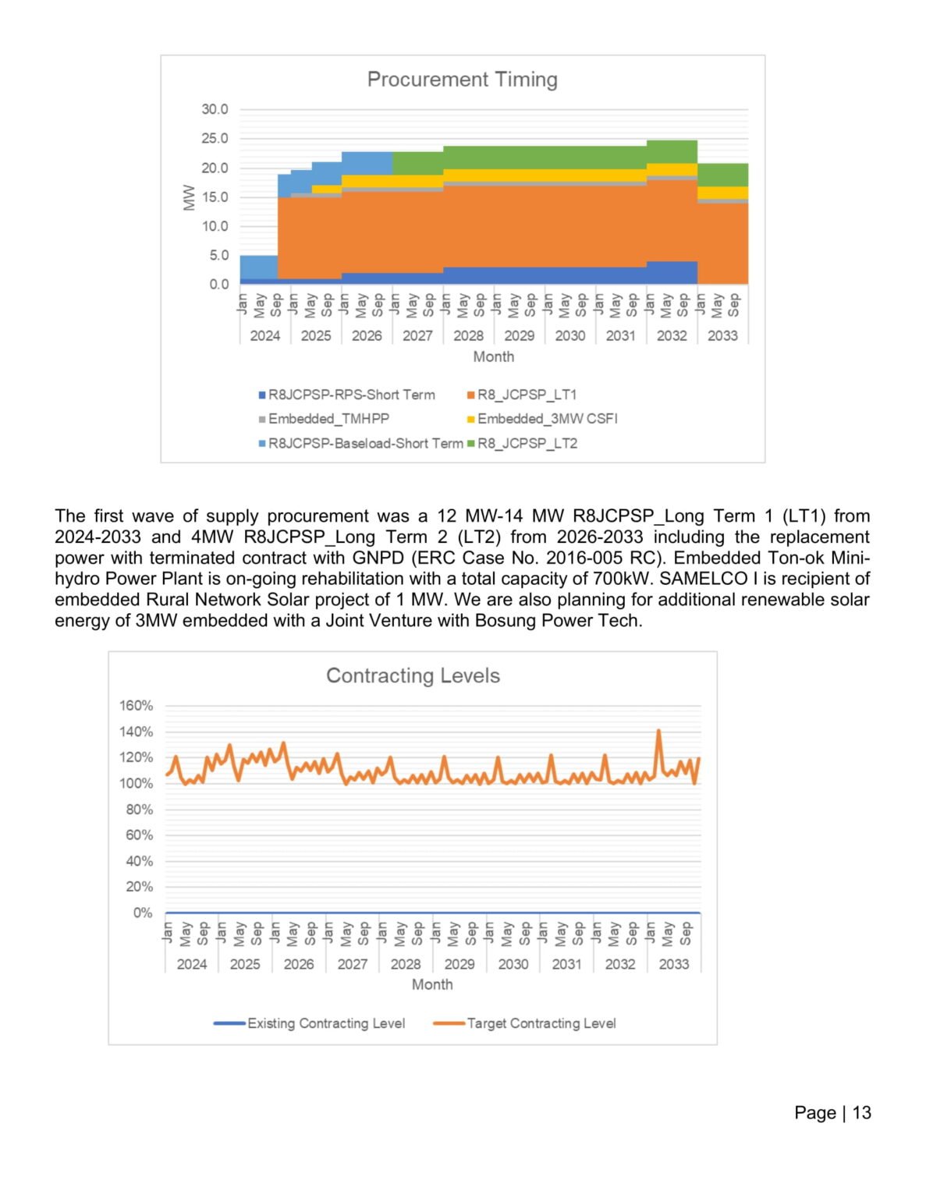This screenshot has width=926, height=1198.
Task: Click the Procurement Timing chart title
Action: click(x=462, y=80)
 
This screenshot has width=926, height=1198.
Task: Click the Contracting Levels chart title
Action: click(x=413, y=675)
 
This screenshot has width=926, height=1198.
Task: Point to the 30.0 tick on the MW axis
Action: click(x=215, y=109)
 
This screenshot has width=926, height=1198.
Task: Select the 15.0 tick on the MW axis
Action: click(x=215, y=197)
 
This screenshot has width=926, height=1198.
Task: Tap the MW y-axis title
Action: click(x=189, y=197)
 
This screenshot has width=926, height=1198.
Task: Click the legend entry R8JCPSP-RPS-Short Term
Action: click(x=351, y=395)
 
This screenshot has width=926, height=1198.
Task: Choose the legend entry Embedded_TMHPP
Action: click(x=328, y=419)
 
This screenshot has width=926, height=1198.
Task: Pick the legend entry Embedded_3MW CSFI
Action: click(x=547, y=419)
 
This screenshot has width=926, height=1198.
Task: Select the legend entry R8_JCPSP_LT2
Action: click(x=527, y=444)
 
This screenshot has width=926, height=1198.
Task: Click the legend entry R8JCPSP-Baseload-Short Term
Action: click(x=365, y=444)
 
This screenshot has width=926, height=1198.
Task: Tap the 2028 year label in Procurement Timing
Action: click(x=468, y=336)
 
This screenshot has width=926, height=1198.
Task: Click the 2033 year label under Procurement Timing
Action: click(x=722, y=336)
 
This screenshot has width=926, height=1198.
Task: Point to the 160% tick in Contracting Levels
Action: click(x=136, y=706)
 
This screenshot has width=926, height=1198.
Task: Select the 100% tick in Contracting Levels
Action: click(x=136, y=783)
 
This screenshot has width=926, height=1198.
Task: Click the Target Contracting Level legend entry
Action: click(x=541, y=1023)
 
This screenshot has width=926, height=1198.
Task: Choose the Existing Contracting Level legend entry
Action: click(x=325, y=1023)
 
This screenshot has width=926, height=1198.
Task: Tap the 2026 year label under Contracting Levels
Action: click(x=299, y=964)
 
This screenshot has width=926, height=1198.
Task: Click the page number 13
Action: click(x=861, y=1113)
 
